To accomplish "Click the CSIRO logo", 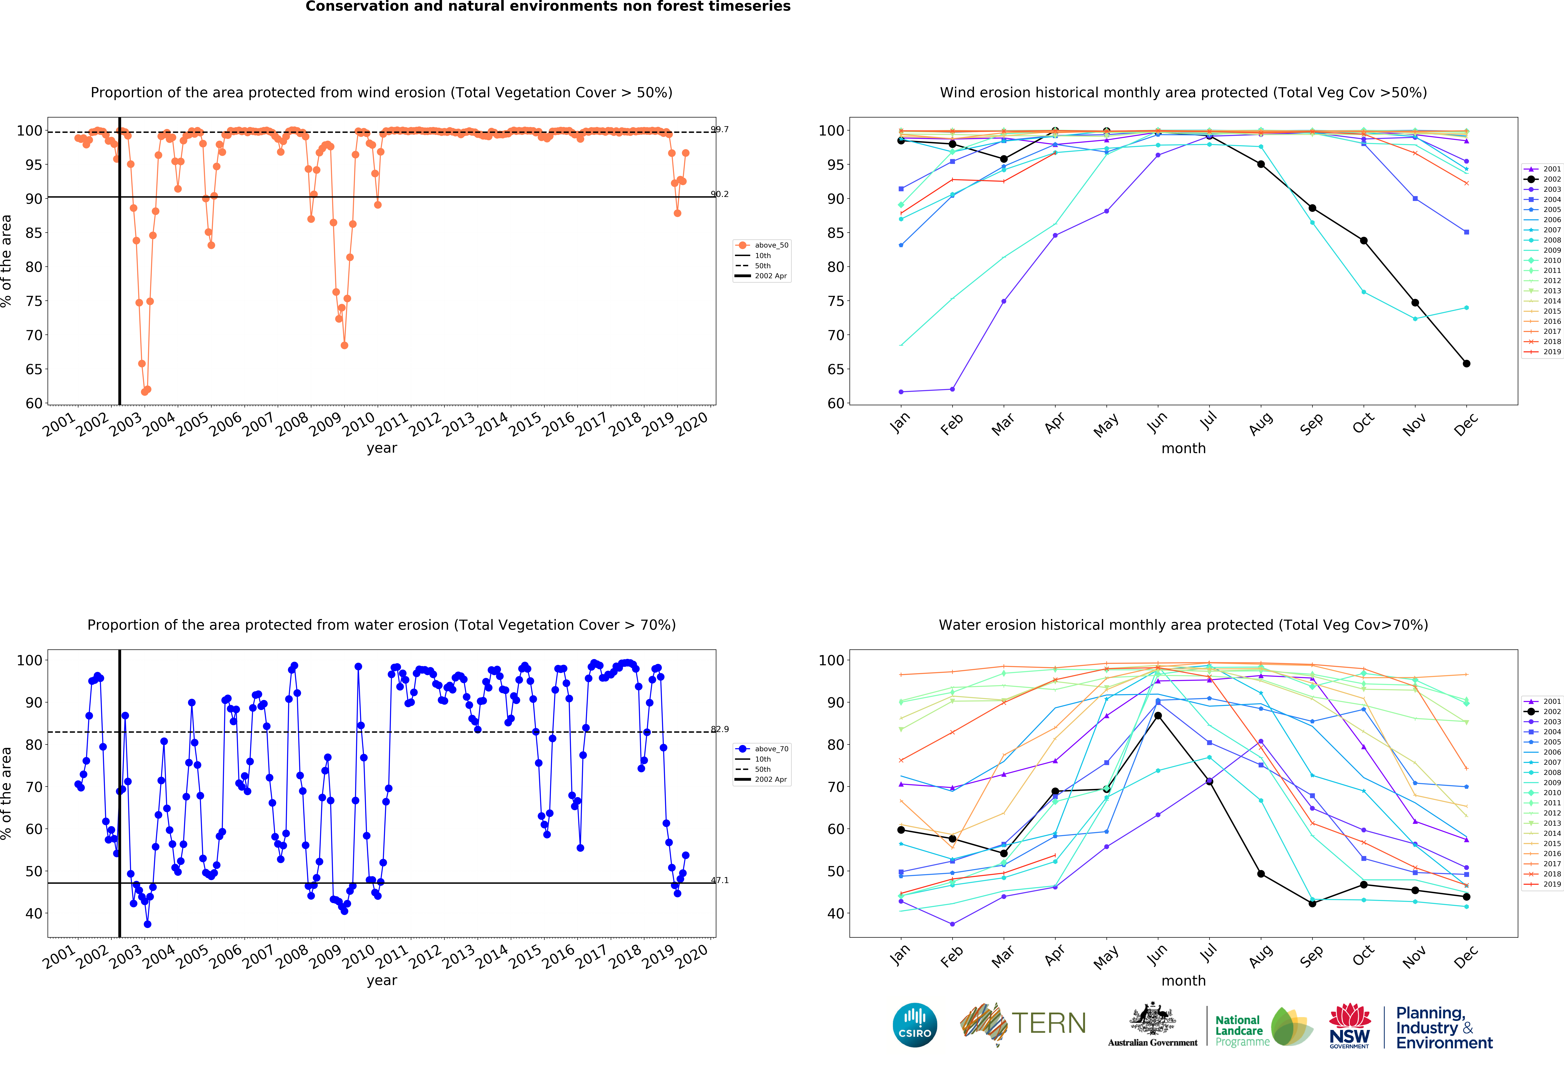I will [915, 1025].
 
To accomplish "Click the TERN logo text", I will [1049, 1024].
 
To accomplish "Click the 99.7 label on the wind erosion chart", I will [719, 129].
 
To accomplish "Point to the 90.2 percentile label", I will [719, 194].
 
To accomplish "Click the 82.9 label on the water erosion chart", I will [719, 729].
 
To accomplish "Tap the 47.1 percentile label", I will [719, 880].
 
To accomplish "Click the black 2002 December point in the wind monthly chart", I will [1466, 363].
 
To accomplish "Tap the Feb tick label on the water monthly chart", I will [952, 956].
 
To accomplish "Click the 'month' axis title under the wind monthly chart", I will [1183, 448].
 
